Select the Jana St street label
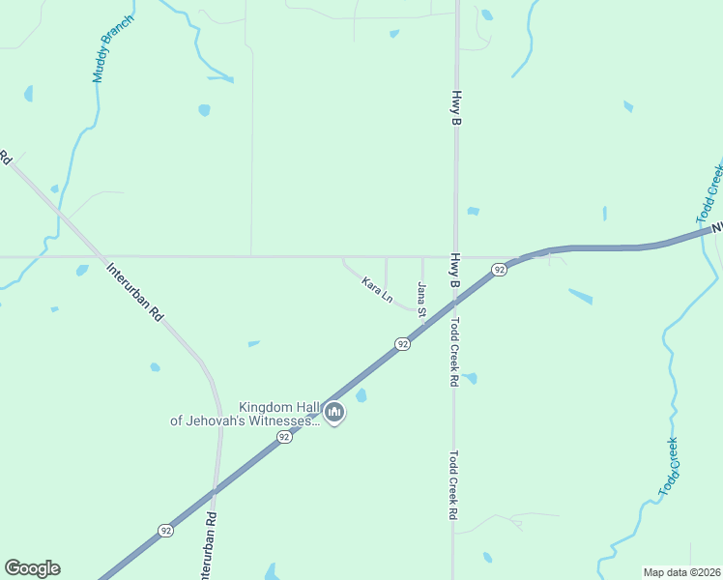point(421,300)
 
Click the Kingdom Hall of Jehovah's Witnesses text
point(246,414)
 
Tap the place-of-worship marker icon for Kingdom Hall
point(335,414)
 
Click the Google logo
point(32,568)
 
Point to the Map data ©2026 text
point(680,572)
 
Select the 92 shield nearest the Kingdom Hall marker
point(284,437)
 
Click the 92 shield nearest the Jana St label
point(402,343)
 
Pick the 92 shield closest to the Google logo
point(165,531)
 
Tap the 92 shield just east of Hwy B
point(498,270)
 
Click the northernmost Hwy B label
point(455,109)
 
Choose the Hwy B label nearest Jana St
point(454,272)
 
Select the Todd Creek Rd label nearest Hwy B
point(453,353)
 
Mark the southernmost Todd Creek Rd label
point(452,486)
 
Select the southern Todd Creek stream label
point(669,467)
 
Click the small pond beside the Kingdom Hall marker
point(361,395)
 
